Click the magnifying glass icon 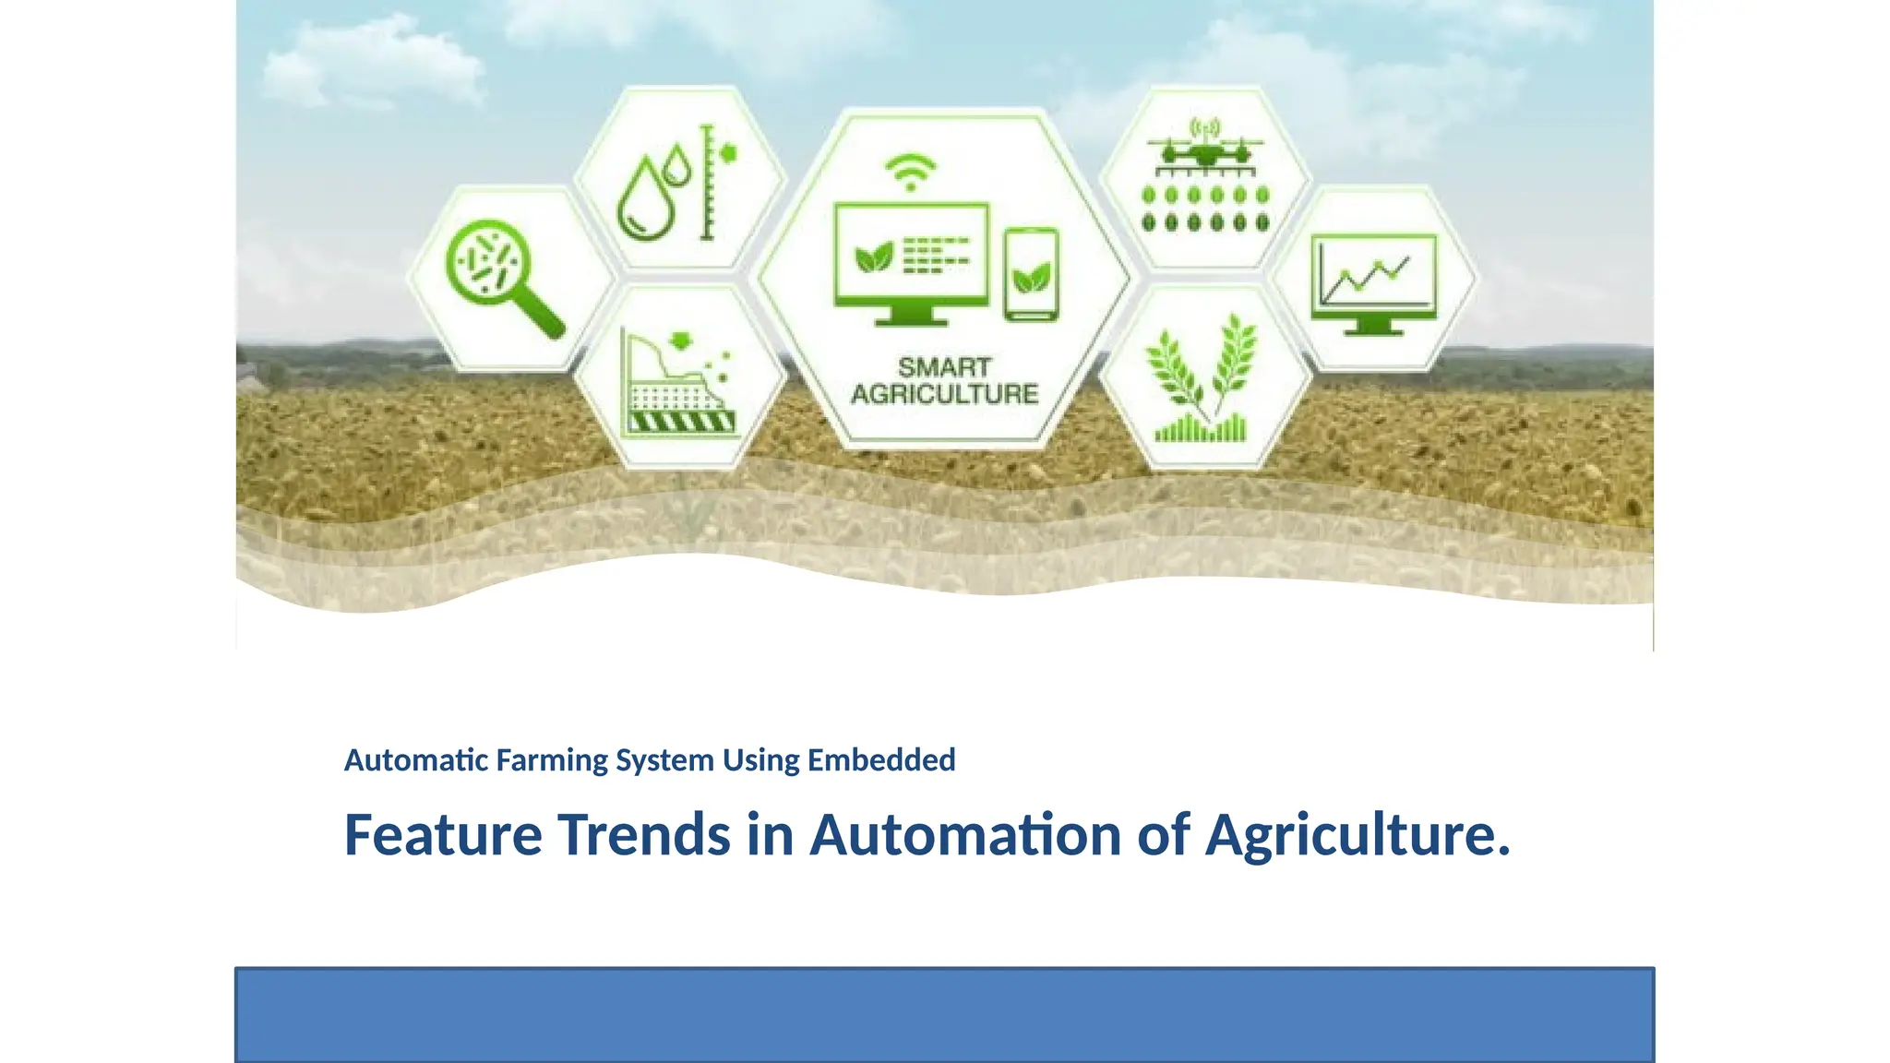coord(498,273)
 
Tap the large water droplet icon coord(645,199)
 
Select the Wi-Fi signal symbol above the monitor coord(910,172)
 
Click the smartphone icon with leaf coord(1031,274)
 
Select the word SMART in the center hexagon coord(944,367)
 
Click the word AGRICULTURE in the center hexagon coord(944,394)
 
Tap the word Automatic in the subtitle coord(416,760)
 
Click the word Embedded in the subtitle coord(881,760)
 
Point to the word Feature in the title coord(443,835)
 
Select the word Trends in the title coord(645,835)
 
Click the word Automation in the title coord(965,835)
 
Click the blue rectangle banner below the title coord(944,1014)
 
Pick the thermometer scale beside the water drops coord(708,183)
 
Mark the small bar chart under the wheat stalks coord(1201,429)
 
